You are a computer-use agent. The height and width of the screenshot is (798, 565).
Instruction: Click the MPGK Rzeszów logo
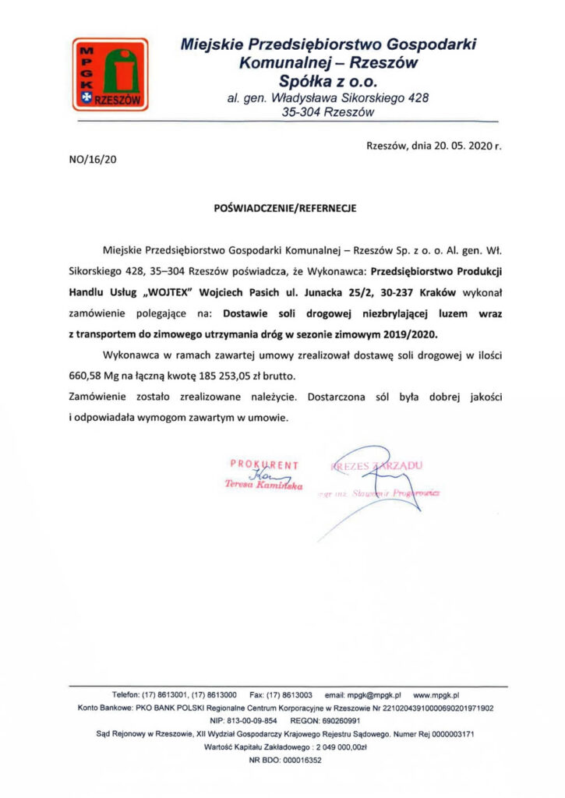coord(109,74)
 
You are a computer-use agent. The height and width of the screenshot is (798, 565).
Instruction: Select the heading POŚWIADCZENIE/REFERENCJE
coord(284,209)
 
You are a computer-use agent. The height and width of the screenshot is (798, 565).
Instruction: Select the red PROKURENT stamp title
coord(264,465)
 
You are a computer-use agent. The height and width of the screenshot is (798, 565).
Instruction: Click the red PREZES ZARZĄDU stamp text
coord(376,465)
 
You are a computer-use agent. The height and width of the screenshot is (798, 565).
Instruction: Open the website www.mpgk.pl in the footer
coord(436,694)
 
